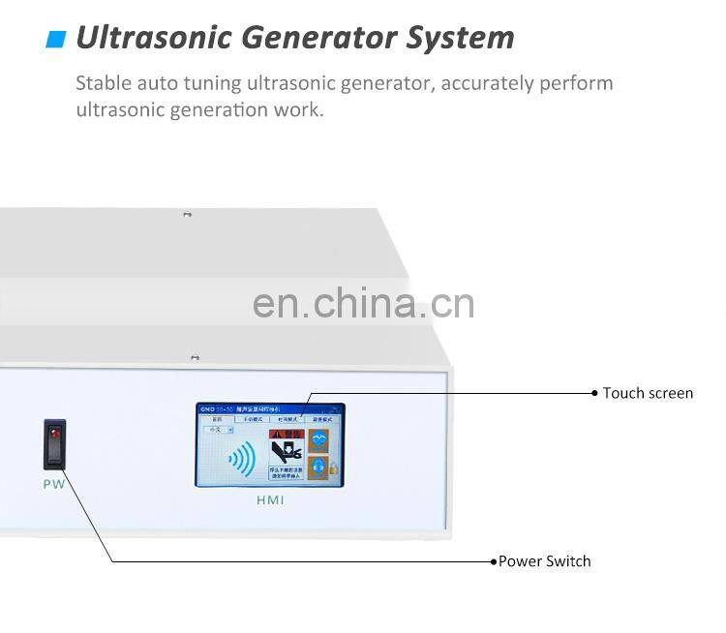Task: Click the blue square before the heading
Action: pos(56,39)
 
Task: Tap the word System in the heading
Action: pos(460,38)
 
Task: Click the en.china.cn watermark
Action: pos(363,303)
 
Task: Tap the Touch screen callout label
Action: pos(648,393)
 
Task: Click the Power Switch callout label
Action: pos(544,561)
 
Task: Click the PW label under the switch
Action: pos(53,483)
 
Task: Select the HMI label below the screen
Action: pos(270,500)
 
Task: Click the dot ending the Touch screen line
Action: pos(594,393)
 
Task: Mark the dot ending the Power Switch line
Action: pos(494,561)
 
